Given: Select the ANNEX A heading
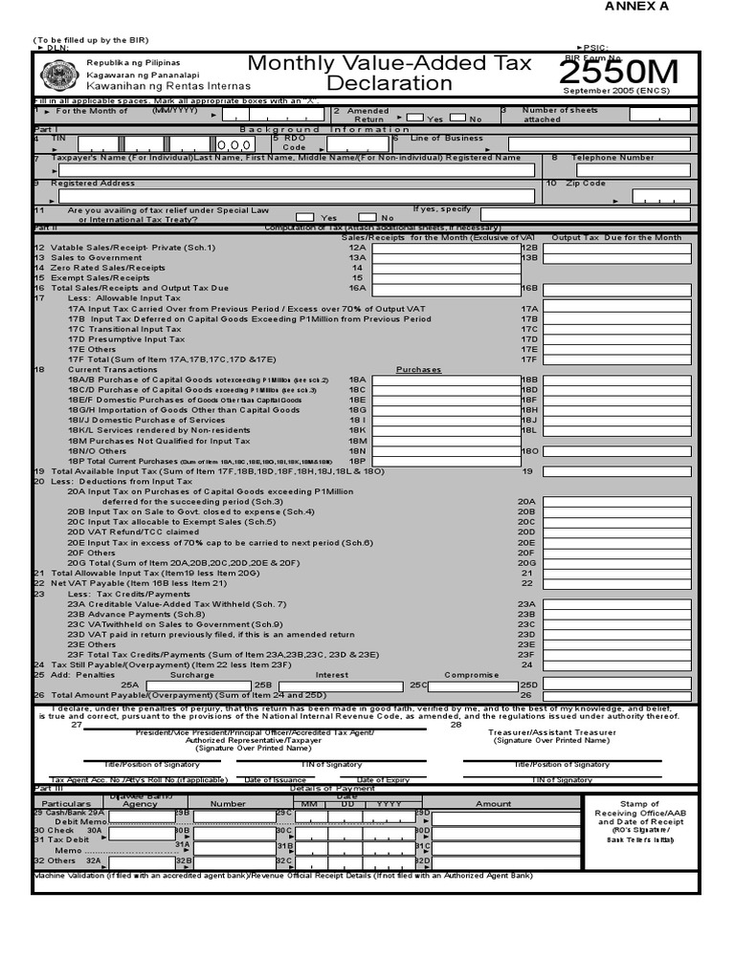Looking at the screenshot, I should pos(635,7).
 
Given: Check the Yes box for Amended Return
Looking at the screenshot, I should pos(414,118).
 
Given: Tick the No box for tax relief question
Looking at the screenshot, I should pos(367,217).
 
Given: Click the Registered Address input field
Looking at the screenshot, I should pos(297,196).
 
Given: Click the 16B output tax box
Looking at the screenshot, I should pos(617,288).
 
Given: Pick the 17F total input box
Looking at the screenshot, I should pos(617,359).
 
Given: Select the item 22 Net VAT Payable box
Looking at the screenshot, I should pos(617,582).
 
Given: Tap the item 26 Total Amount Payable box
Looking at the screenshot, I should pos(617,694).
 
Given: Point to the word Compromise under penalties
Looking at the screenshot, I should pos(473,674).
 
